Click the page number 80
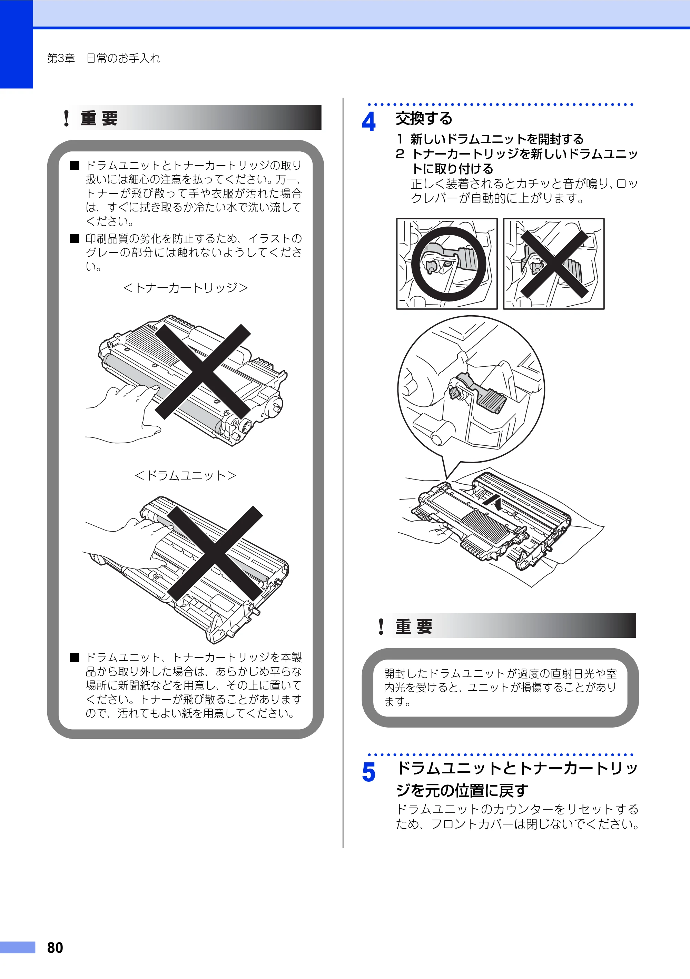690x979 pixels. point(55,948)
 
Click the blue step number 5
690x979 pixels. point(368,772)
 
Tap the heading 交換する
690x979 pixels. point(423,119)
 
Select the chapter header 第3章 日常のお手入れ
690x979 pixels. point(103,58)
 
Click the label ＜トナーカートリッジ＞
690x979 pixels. point(186,288)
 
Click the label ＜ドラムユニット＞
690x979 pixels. point(186,475)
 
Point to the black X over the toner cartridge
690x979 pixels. point(203,372)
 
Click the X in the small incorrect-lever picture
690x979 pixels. point(553,264)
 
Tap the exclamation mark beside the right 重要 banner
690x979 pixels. point(381,626)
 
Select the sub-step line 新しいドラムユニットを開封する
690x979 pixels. point(497,139)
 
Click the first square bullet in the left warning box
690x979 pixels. point(75,166)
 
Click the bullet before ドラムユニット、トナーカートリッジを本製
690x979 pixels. point(75,657)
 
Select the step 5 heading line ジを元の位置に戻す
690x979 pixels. point(462,790)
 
